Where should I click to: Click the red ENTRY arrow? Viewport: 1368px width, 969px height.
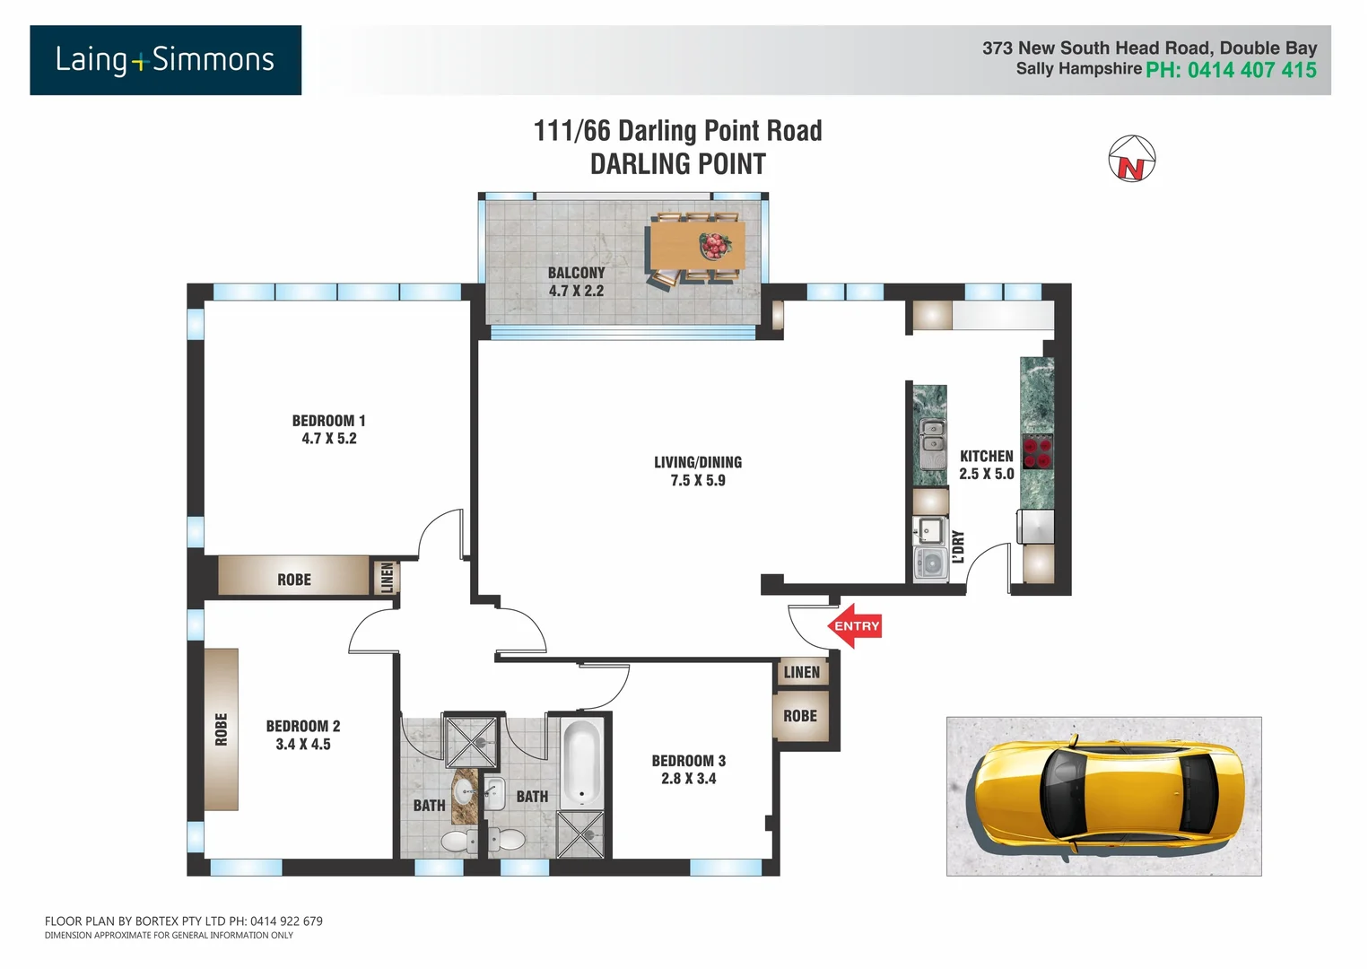tap(854, 626)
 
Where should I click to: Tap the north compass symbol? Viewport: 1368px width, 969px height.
tap(1131, 160)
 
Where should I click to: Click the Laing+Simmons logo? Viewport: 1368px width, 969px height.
tap(165, 60)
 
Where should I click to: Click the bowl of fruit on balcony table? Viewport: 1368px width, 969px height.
tap(715, 245)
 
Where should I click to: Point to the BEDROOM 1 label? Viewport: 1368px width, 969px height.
tap(328, 421)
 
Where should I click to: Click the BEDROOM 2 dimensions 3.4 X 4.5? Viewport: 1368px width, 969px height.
tap(303, 745)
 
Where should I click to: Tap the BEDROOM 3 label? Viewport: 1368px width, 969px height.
tap(688, 761)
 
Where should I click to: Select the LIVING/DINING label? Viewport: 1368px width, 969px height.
tap(697, 463)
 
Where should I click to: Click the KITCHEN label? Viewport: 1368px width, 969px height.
tap(986, 457)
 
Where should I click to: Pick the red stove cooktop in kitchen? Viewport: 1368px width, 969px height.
tap(1037, 452)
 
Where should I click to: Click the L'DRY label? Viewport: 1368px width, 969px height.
tap(958, 546)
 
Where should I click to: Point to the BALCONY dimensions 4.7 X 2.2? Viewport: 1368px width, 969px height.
tap(576, 291)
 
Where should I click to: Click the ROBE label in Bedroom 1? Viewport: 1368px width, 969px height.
tap(293, 581)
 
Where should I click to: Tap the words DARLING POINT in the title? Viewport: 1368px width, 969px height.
tap(677, 165)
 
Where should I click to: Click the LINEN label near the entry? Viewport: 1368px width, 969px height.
tap(801, 673)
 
